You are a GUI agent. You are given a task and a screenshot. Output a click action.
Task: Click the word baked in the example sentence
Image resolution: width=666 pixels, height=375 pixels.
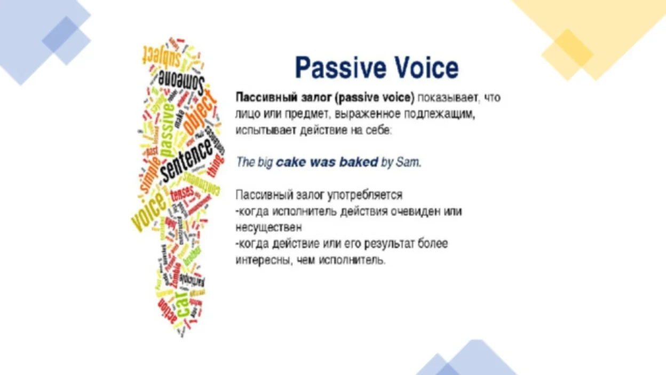(359, 162)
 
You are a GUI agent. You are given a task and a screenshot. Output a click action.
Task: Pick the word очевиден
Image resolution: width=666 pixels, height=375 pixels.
(416, 212)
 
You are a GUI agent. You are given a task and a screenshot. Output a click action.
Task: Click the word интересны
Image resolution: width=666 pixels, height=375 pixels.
(261, 260)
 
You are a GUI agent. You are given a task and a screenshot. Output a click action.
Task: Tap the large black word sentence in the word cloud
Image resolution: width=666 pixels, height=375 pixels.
(187, 158)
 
